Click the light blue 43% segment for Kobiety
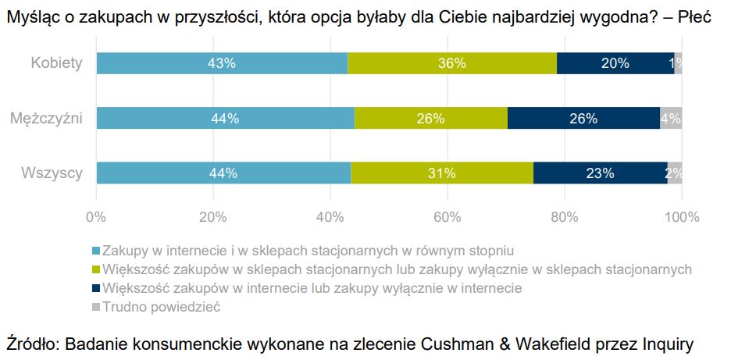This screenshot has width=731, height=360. pos(222,64)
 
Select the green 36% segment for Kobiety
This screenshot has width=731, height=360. pos(452,64)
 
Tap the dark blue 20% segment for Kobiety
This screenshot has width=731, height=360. pos(615,64)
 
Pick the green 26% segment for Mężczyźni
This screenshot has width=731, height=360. pos(430,119)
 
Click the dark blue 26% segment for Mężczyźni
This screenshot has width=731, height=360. pos(583,119)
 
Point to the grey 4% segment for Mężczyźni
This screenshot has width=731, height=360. pos(671,119)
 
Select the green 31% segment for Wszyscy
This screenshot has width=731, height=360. pos(442,173)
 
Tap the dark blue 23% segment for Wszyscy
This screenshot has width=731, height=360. pos(601,173)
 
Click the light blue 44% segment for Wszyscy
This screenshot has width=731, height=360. pos(223,173)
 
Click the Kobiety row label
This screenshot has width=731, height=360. pos(56,63)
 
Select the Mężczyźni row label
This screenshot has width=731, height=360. pos(47,119)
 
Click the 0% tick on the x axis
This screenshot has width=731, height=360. pos(96,217)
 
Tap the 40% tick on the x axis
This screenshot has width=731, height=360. pos(330,217)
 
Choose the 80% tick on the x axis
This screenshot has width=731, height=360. pos(565,217)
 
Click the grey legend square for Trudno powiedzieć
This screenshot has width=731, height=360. pos(97,307)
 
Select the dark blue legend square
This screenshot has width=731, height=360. pos(97,288)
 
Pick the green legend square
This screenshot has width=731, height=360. pos(97,269)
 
